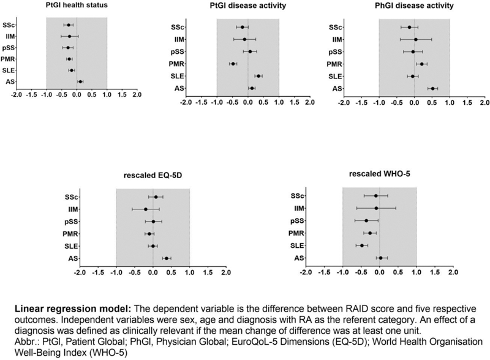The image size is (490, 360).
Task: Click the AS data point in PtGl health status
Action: tap(80, 81)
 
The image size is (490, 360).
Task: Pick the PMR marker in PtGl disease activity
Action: tap(233, 64)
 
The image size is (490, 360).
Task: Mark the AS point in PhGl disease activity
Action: tap(432, 88)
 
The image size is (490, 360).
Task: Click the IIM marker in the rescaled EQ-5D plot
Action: tap(146, 209)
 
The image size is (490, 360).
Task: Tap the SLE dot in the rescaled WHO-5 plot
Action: tap(362, 246)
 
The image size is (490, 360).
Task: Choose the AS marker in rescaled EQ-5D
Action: tap(166, 258)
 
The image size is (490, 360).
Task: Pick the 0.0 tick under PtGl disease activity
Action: tap(247, 102)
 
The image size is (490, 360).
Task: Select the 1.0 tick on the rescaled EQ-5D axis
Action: tap(189, 272)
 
